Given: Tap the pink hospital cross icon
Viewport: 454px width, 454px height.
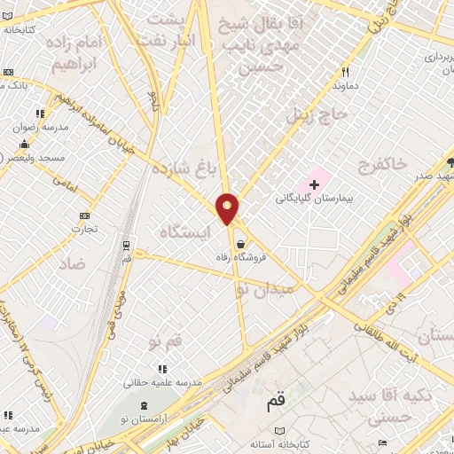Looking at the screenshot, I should pos(315,184).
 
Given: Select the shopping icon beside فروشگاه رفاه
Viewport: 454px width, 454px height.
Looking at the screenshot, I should pos(239,244).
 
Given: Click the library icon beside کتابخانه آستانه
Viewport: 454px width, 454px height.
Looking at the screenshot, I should pos(281,431).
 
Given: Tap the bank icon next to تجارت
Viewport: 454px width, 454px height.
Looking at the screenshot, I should pos(84,215).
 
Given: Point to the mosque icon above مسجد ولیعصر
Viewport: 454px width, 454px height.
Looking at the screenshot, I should pos(23,144).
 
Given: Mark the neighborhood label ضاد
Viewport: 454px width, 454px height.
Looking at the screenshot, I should pos(73,264).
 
